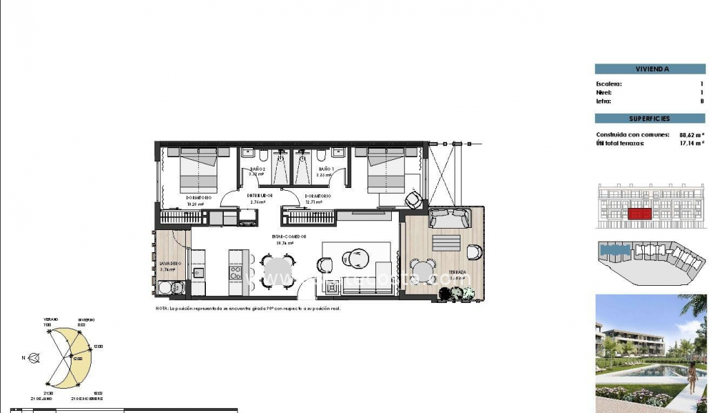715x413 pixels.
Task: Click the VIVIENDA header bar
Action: click(x=650, y=69)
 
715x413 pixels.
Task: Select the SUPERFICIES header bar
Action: click(x=650, y=119)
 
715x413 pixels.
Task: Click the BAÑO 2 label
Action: click(x=255, y=169)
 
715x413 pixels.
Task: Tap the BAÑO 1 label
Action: click(x=325, y=169)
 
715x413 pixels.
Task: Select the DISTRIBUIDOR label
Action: click(x=260, y=195)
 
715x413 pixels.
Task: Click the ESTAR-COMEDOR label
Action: click(x=289, y=237)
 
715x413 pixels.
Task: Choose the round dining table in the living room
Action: click(x=276, y=271)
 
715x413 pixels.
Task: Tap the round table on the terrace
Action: click(x=423, y=272)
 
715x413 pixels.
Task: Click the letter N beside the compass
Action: click(x=24, y=357)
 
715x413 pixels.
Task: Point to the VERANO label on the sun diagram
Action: click(x=50, y=320)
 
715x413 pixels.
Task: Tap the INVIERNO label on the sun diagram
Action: click(x=85, y=320)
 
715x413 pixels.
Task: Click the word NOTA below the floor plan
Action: click(x=162, y=308)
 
